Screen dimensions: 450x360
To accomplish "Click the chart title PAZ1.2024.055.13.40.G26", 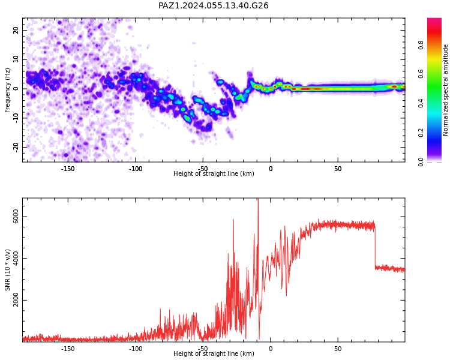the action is click(213, 6).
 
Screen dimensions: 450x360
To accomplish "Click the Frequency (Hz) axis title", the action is click(7, 90).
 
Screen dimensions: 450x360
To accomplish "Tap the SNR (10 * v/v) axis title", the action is click(7, 270).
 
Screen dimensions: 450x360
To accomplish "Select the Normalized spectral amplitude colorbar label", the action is click(445, 90).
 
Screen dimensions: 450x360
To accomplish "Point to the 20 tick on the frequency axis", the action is click(16, 30).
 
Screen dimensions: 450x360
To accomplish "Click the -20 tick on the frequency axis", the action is click(16, 148).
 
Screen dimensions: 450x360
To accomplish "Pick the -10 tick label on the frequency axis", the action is click(16, 118).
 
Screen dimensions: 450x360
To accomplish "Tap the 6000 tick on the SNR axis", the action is click(16, 216).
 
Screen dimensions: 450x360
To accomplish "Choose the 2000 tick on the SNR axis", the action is click(16, 300).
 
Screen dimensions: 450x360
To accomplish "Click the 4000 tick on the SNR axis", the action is click(16, 258).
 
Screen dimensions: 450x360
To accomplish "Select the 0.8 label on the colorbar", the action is click(421, 45).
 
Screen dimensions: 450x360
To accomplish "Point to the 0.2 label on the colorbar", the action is click(421, 133).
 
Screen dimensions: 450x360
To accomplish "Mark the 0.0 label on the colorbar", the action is click(421, 162).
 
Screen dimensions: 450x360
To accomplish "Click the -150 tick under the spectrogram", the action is click(68, 169).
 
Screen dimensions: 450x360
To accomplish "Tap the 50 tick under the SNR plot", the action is click(338, 349).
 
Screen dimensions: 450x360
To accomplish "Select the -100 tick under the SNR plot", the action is click(135, 349).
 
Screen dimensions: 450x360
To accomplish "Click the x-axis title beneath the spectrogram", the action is click(214, 173).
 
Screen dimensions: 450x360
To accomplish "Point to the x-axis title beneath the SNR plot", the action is click(214, 353).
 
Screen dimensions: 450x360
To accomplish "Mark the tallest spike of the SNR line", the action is click(258, 199).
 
